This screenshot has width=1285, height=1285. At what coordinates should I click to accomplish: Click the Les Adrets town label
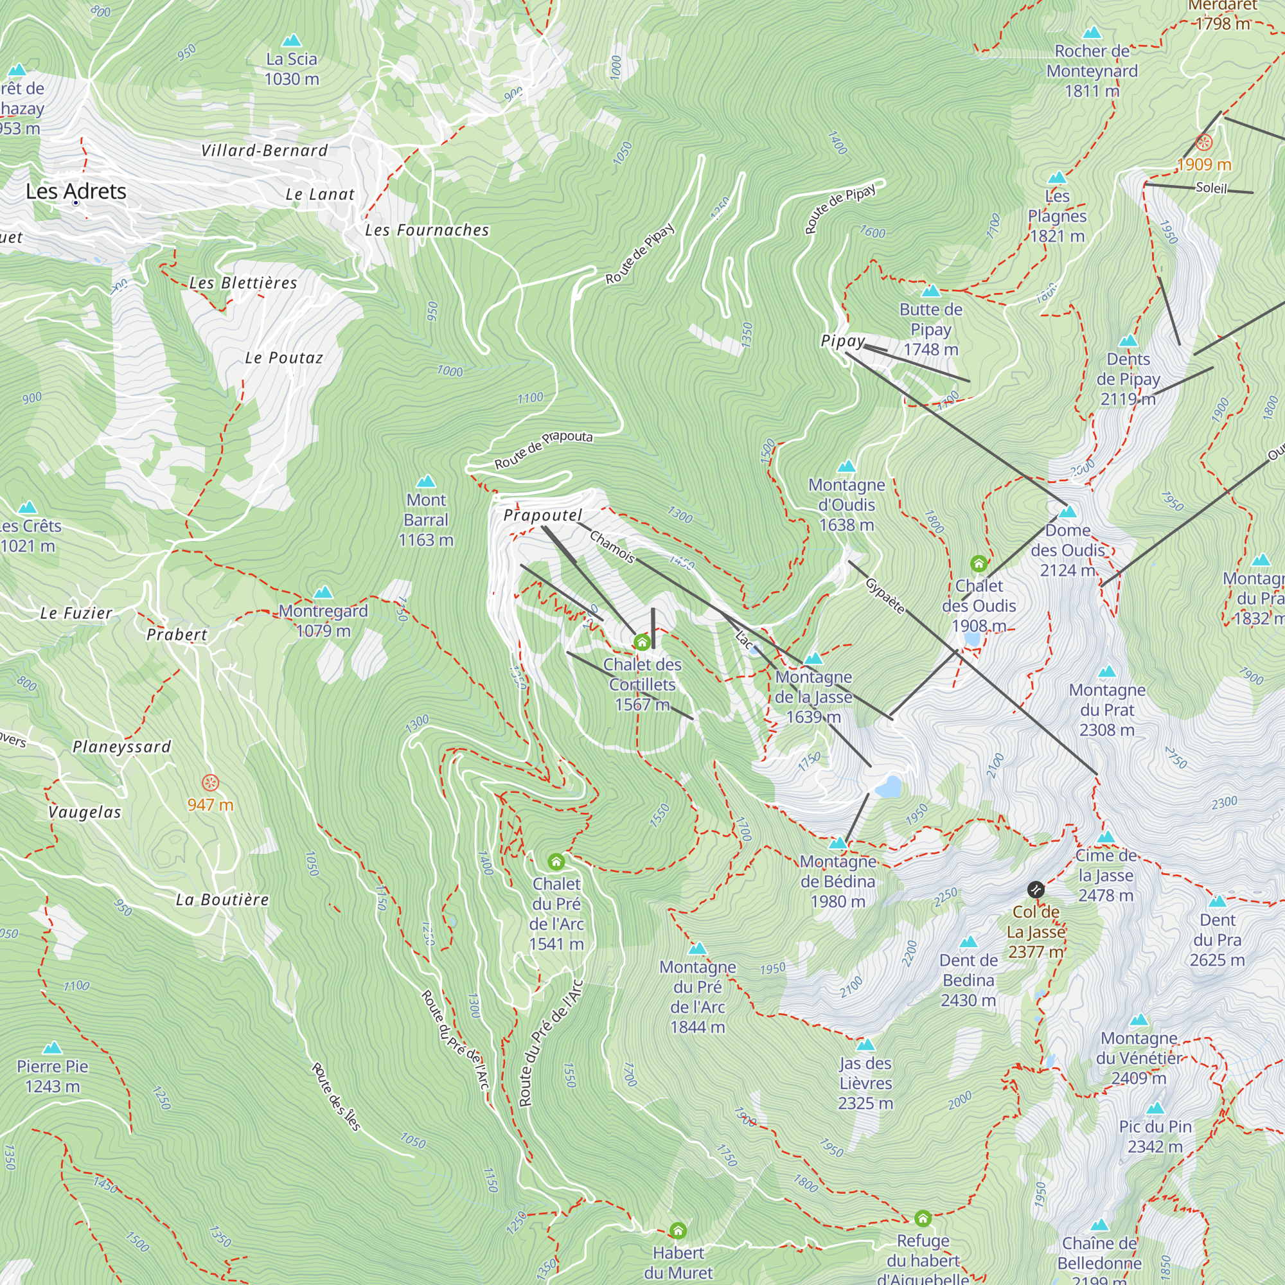coord(76,191)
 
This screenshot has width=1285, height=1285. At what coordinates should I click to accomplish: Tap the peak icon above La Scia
coord(291,41)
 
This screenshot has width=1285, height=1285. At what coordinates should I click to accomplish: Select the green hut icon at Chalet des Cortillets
coord(642,642)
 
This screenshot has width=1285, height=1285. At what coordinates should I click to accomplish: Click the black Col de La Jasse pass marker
coord(1036,889)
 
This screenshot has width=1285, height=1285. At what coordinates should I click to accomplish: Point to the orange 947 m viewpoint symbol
coord(210,783)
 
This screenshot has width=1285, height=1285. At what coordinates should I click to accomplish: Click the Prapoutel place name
coord(543,515)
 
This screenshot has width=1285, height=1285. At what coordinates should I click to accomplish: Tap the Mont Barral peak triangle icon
coord(426,481)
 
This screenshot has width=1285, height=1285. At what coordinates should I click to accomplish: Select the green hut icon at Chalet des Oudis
coord(979,564)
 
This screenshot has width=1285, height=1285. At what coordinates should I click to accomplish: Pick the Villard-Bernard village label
coord(265,150)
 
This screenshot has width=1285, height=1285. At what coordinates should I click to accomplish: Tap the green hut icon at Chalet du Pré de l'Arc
coord(556,862)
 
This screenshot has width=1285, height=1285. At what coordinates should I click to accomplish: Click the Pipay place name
coord(843,341)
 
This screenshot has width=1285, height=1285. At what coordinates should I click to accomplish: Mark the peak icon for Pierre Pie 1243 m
coord(52,1049)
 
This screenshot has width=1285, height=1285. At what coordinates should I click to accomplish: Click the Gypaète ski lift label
coord(885,596)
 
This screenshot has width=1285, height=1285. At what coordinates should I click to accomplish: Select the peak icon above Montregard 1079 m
coord(323,592)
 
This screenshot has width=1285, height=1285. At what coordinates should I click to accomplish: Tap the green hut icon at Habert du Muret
coord(678,1230)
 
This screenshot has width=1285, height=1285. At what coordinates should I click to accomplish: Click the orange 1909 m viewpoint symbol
coord(1204,141)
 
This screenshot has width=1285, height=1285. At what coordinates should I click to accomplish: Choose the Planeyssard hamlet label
coord(121,747)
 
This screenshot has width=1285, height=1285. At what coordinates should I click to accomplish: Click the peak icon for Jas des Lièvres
coord(865,1044)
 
